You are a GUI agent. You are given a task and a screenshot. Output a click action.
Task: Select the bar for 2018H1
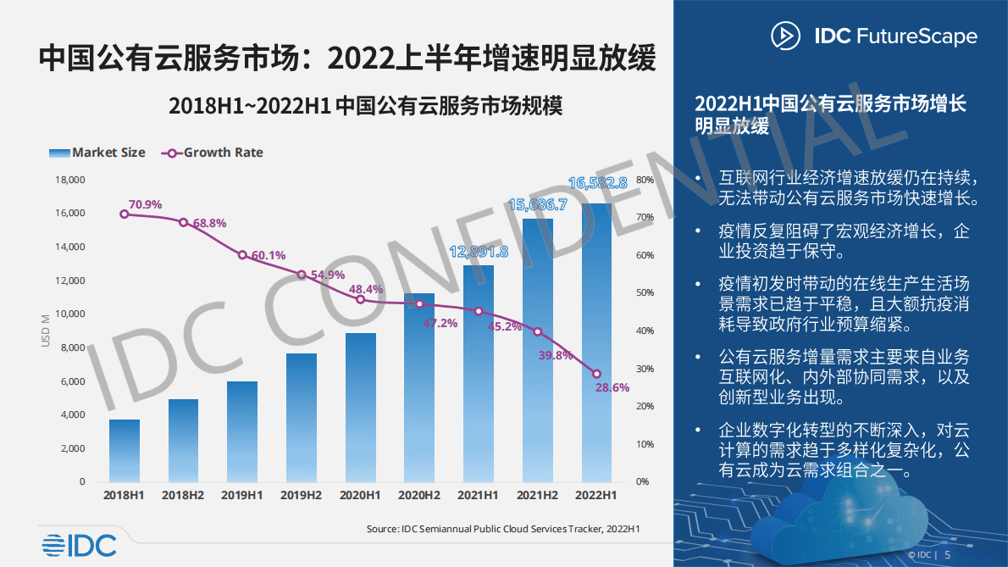[124, 450]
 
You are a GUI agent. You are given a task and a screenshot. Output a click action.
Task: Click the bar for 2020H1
[360, 407]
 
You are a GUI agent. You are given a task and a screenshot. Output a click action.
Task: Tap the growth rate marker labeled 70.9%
[125, 214]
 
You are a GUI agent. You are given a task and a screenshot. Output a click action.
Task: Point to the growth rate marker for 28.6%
[596, 374]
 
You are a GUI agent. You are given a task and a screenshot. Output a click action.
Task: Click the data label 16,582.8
[597, 183]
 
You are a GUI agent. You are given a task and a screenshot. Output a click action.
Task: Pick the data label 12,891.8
[479, 252]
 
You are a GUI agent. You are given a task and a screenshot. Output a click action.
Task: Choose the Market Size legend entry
[97, 153]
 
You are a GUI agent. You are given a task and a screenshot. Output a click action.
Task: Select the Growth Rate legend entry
[213, 153]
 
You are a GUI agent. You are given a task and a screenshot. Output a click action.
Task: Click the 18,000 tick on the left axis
[70, 180]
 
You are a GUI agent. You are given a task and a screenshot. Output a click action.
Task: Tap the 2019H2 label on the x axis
[301, 494]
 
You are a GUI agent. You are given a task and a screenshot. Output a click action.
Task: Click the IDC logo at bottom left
[79, 546]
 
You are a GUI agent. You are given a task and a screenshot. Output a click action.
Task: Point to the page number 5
[947, 554]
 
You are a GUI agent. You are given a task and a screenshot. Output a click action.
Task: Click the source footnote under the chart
[502, 529]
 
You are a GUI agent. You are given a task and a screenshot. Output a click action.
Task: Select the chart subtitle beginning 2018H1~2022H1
[365, 106]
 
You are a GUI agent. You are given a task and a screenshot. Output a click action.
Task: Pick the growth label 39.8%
[556, 355]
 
